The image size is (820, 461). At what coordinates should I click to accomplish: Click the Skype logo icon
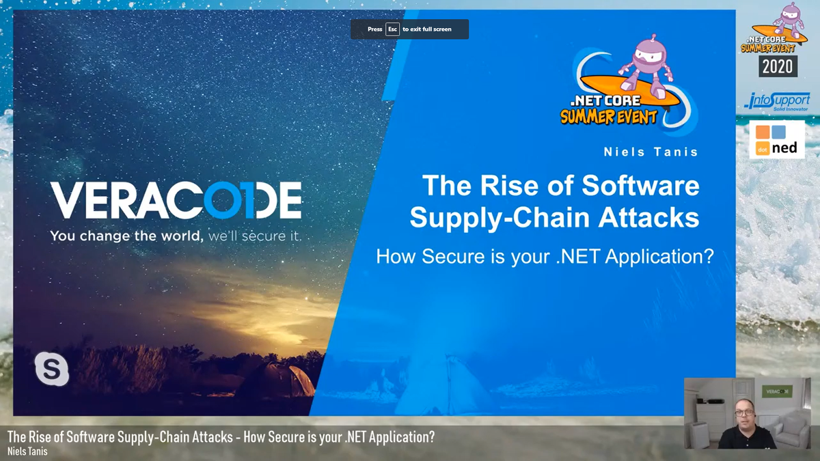pos(52,369)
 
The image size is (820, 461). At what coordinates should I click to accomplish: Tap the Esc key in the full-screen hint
pos(392,29)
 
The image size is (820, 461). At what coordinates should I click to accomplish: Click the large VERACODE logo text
pos(176,200)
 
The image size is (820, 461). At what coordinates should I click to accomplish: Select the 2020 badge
pos(778,66)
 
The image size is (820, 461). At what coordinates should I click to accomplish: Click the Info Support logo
pos(777,101)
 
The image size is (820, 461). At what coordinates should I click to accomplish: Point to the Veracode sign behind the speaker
pos(776,391)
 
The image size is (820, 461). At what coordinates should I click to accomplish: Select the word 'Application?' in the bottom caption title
pos(401,437)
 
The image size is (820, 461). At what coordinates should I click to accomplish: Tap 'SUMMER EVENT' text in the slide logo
pos(608,117)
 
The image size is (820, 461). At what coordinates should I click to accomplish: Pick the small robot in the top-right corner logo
pos(791,17)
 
